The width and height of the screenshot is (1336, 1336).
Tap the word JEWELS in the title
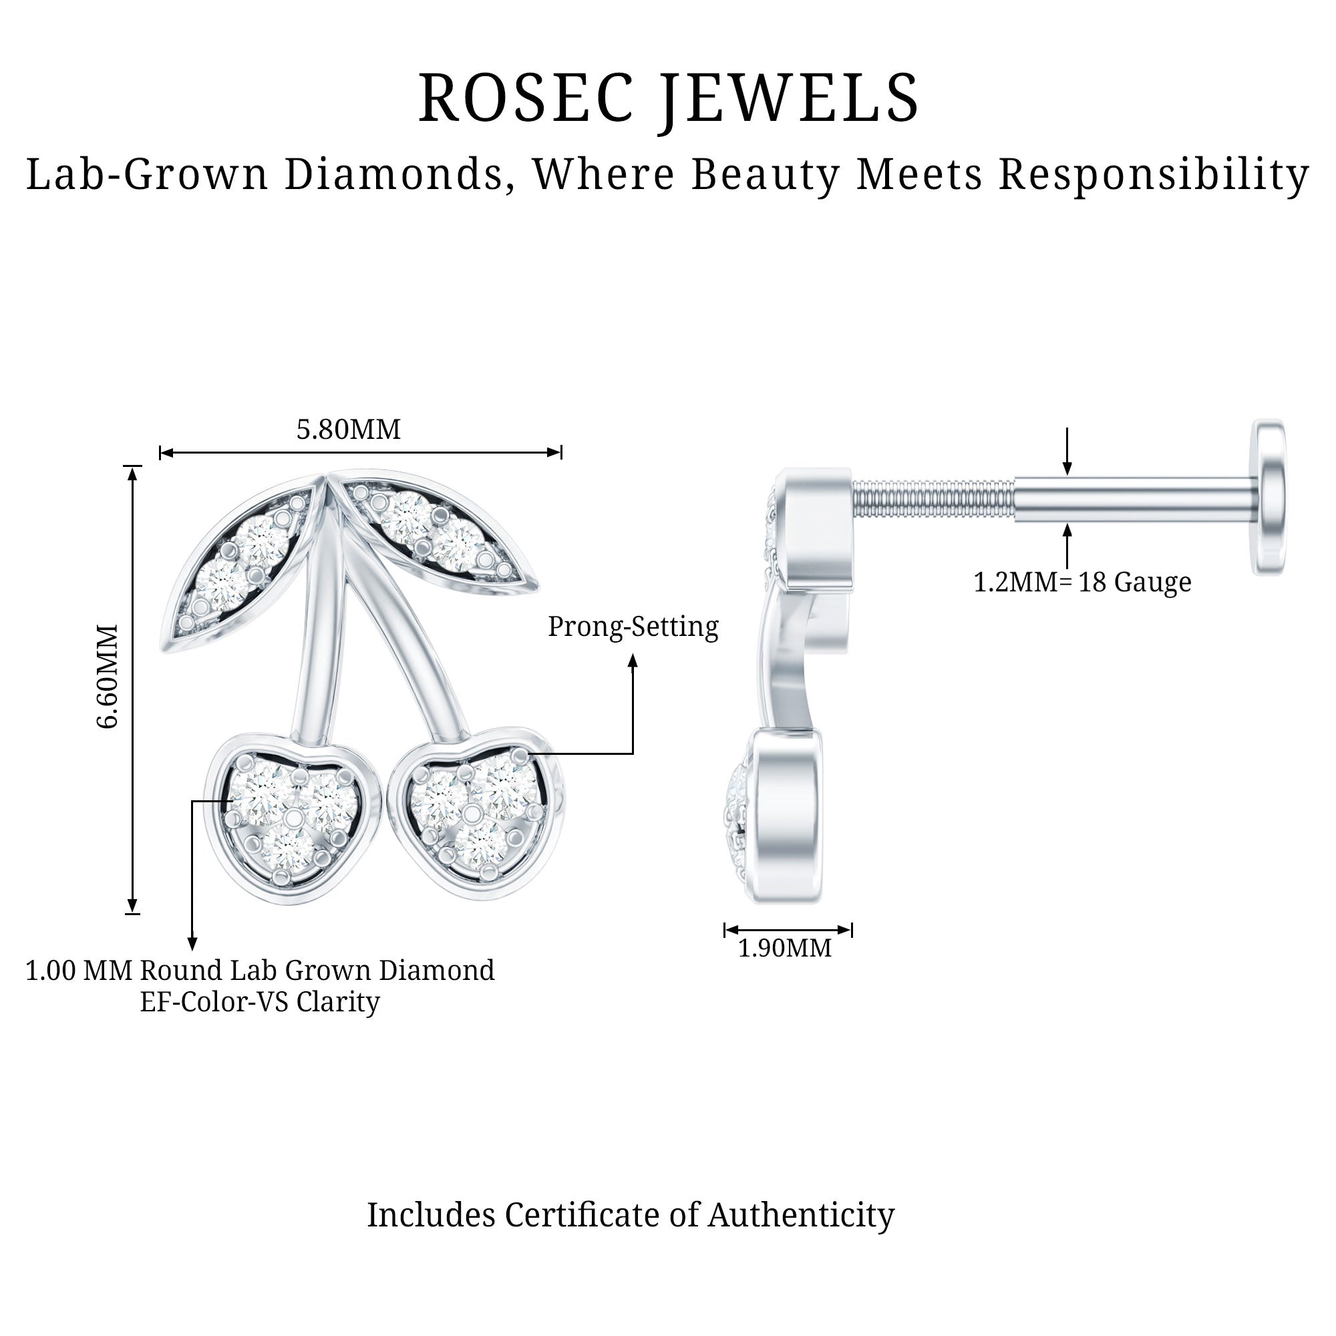click(790, 98)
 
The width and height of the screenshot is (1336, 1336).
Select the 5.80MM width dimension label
click(349, 430)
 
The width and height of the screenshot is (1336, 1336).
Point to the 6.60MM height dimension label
click(108, 676)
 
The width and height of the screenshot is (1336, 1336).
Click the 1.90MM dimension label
click(785, 947)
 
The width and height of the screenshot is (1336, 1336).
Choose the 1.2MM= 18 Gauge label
click(1082, 582)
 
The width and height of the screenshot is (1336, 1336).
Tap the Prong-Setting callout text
click(633, 627)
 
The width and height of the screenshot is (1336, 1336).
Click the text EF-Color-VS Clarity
click(260, 1002)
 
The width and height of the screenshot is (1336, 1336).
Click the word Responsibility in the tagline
click(1154, 174)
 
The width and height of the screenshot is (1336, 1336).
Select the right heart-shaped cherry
click(477, 812)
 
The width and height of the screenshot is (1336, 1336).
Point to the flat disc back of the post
click(1269, 496)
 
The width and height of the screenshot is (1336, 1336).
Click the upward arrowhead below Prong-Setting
click(632, 661)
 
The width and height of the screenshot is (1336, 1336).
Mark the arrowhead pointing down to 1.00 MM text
click(193, 944)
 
